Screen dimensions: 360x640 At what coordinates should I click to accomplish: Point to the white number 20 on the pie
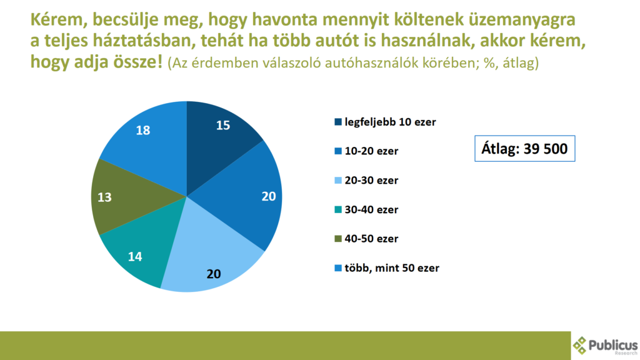tap(268, 196)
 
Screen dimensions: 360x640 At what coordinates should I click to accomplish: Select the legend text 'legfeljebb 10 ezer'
tap(389, 122)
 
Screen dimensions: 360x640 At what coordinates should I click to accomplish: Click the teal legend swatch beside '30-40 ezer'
tap(338, 209)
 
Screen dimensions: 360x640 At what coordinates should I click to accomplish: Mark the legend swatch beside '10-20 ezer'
tap(338, 151)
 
